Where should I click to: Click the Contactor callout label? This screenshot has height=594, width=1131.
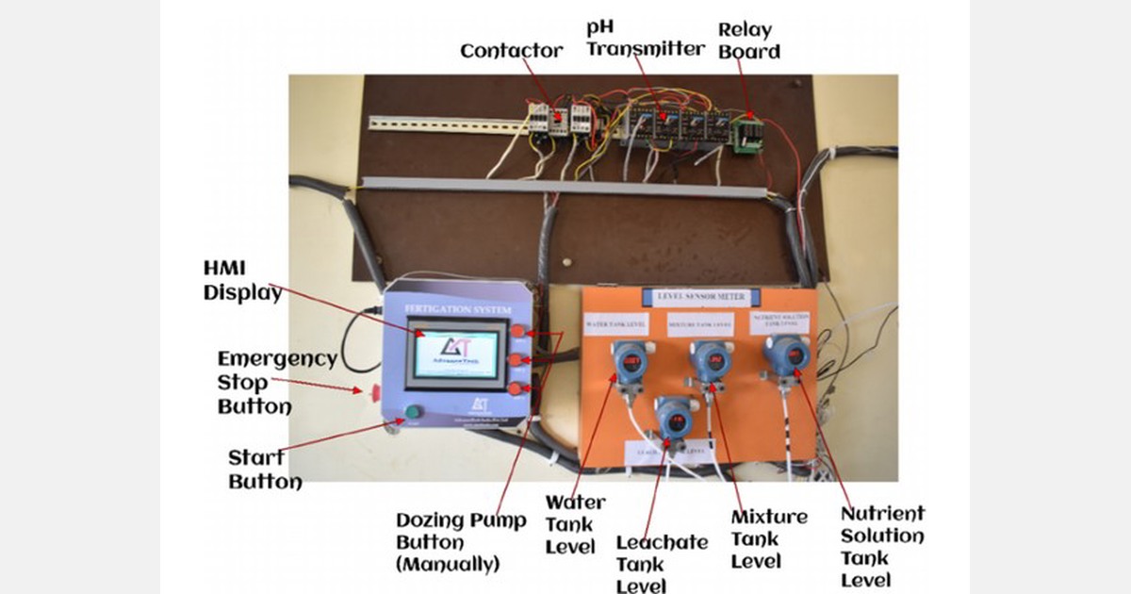tap(511, 50)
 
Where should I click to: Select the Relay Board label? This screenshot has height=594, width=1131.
tap(749, 41)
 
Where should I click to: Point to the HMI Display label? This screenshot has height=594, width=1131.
tap(242, 281)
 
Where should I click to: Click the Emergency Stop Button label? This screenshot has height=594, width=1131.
tap(277, 383)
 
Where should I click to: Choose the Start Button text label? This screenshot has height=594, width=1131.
tap(265, 470)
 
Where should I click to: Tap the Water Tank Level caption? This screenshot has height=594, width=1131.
tap(575, 524)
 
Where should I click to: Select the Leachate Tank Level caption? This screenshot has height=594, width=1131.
tap(662, 564)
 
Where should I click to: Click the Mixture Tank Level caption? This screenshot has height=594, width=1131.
tap(769, 538)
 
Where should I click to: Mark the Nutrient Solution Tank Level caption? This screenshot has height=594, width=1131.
tap(882, 547)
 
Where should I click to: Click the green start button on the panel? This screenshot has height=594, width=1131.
tap(412, 412)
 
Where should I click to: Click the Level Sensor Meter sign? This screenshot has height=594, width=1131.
tap(694, 298)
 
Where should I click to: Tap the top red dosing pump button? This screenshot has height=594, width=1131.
tap(520, 332)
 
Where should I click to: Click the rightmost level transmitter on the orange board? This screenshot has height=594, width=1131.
tap(786, 356)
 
